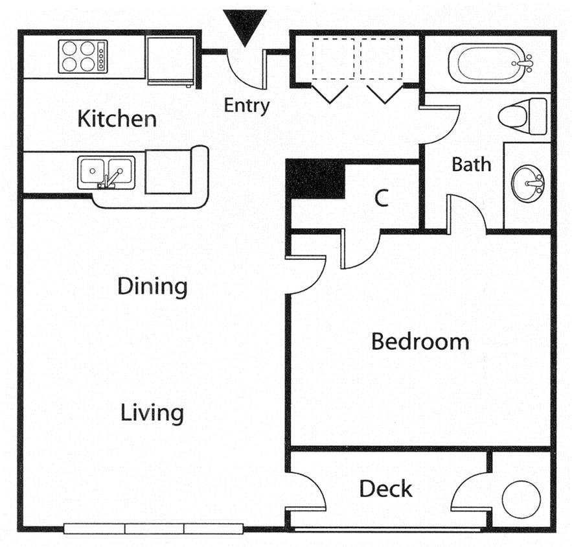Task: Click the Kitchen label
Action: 117,119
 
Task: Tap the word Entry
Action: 246,106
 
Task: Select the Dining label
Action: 152,286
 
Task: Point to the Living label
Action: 152,413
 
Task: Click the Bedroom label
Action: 420,342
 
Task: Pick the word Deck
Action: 386,489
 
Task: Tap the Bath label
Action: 471,165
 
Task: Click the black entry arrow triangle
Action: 244,27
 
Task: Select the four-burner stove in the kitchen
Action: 82,56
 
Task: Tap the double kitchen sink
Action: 106,172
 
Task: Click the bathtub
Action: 490,64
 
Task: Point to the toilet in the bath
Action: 521,117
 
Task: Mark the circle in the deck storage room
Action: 521,500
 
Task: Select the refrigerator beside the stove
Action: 170,60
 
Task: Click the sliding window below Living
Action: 153,528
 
